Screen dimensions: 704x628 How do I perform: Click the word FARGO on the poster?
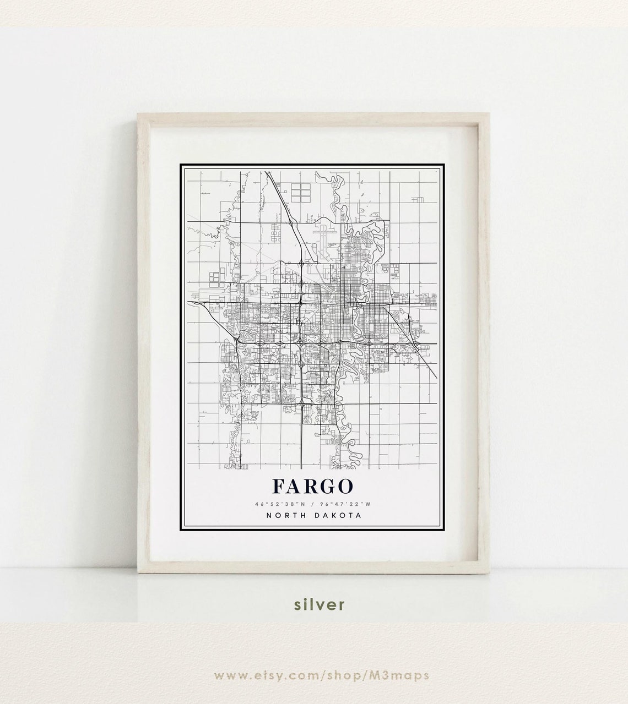[312, 486]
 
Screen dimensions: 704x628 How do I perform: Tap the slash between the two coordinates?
[312, 504]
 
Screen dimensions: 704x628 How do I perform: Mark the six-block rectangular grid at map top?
[300, 190]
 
